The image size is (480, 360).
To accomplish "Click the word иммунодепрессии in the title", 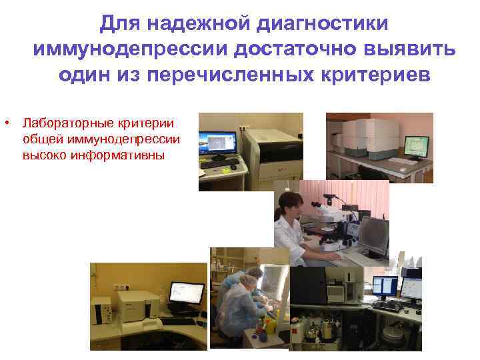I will click(x=121, y=49).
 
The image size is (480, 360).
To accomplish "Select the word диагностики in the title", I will click(x=319, y=23).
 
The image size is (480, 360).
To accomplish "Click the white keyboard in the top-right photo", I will click(x=403, y=161).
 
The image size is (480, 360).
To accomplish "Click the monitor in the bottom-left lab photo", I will click(x=187, y=293).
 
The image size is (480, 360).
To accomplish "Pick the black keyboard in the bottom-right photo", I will click(x=387, y=306).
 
